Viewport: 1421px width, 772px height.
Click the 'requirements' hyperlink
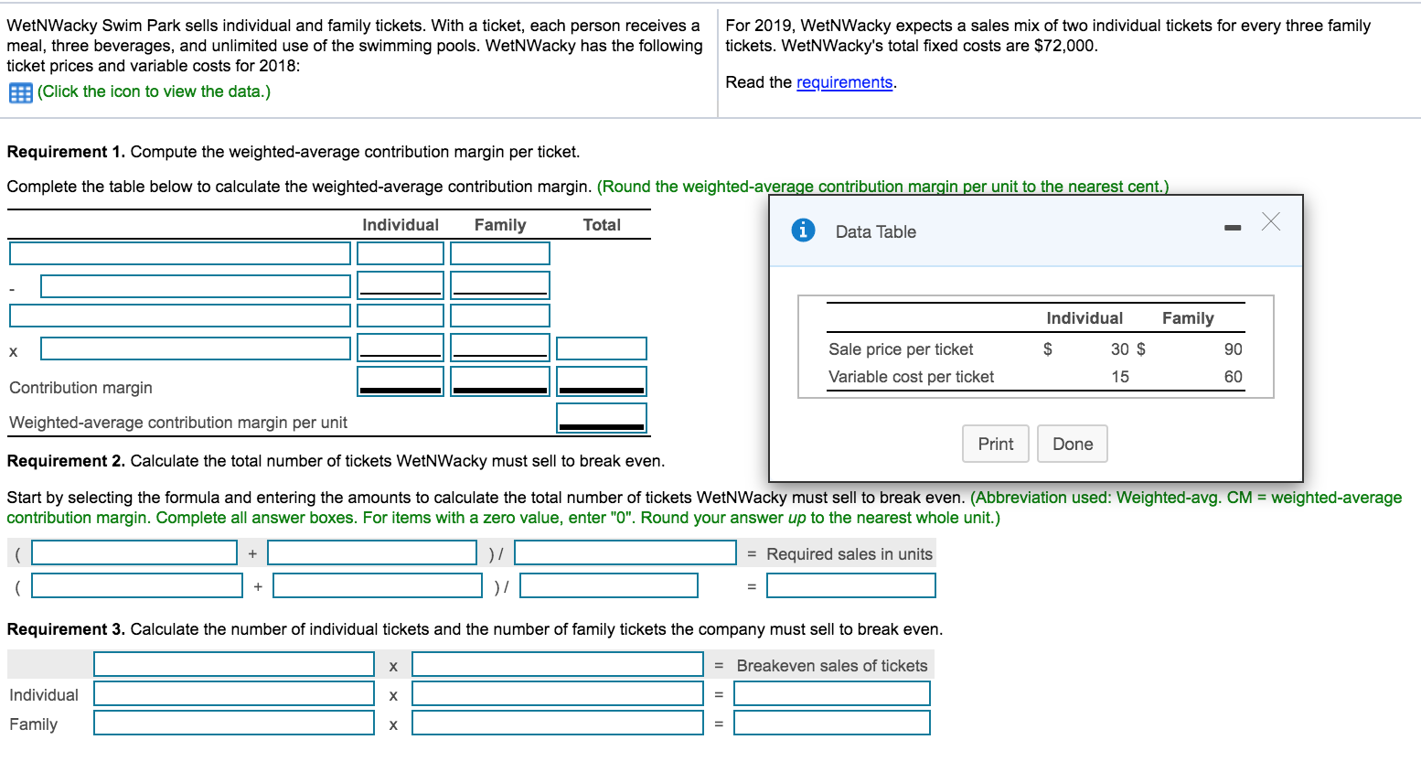point(844,82)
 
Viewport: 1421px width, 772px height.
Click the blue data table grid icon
point(20,92)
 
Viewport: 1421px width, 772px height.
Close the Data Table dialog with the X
point(1270,221)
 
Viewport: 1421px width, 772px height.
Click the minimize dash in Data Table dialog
point(1233,227)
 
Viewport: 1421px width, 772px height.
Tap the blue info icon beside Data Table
point(802,231)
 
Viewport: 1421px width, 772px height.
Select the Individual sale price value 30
point(1119,349)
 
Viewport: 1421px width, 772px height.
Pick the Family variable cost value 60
point(1233,377)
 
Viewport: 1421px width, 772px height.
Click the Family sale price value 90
point(1233,349)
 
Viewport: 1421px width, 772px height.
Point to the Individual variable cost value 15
point(1119,377)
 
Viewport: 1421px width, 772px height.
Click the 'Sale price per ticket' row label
point(901,349)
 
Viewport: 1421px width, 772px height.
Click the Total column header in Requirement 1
point(602,225)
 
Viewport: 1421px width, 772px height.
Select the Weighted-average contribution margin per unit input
point(601,418)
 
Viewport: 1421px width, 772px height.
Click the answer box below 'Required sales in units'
point(850,585)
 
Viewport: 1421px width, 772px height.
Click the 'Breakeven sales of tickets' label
point(831,666)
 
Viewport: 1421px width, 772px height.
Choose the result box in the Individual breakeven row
point(831,694)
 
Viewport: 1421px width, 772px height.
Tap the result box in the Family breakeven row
point(831,724)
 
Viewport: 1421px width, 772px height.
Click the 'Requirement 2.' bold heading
point(66,461)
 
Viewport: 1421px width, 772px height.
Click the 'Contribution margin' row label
point(80,388)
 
